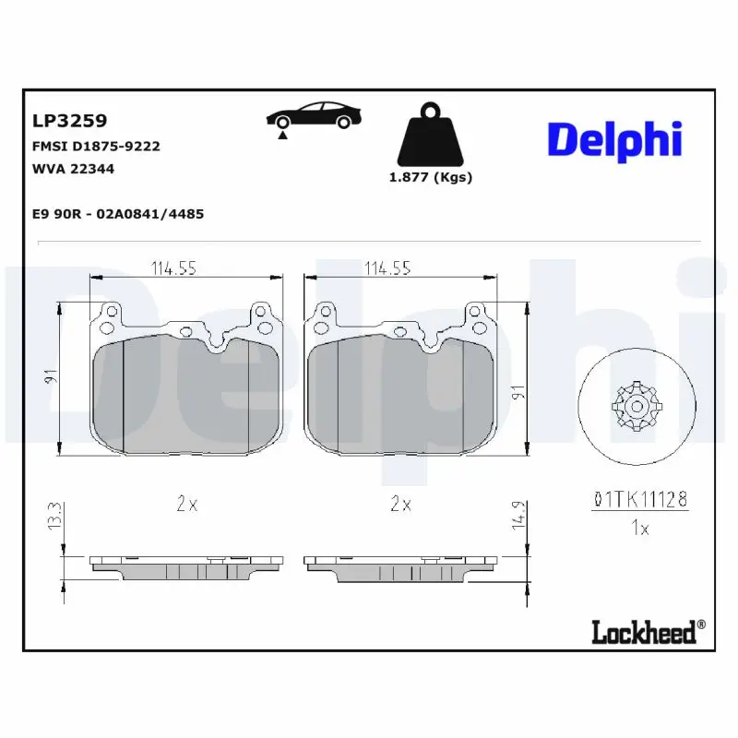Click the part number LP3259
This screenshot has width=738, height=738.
point(70,121)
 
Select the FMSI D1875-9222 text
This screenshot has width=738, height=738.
point(96,146)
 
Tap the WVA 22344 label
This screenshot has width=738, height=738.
point(74,169)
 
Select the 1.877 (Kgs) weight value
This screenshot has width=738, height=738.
point(430,178)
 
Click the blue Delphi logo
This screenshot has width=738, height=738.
point(614,139)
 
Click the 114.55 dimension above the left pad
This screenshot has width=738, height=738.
point(174,268)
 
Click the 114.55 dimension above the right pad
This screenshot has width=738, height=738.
point(387,268)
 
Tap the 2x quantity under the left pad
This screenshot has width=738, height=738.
point(186,504)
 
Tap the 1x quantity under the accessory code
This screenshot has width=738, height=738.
point(638,529)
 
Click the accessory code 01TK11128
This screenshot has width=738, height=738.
point(639,501)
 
